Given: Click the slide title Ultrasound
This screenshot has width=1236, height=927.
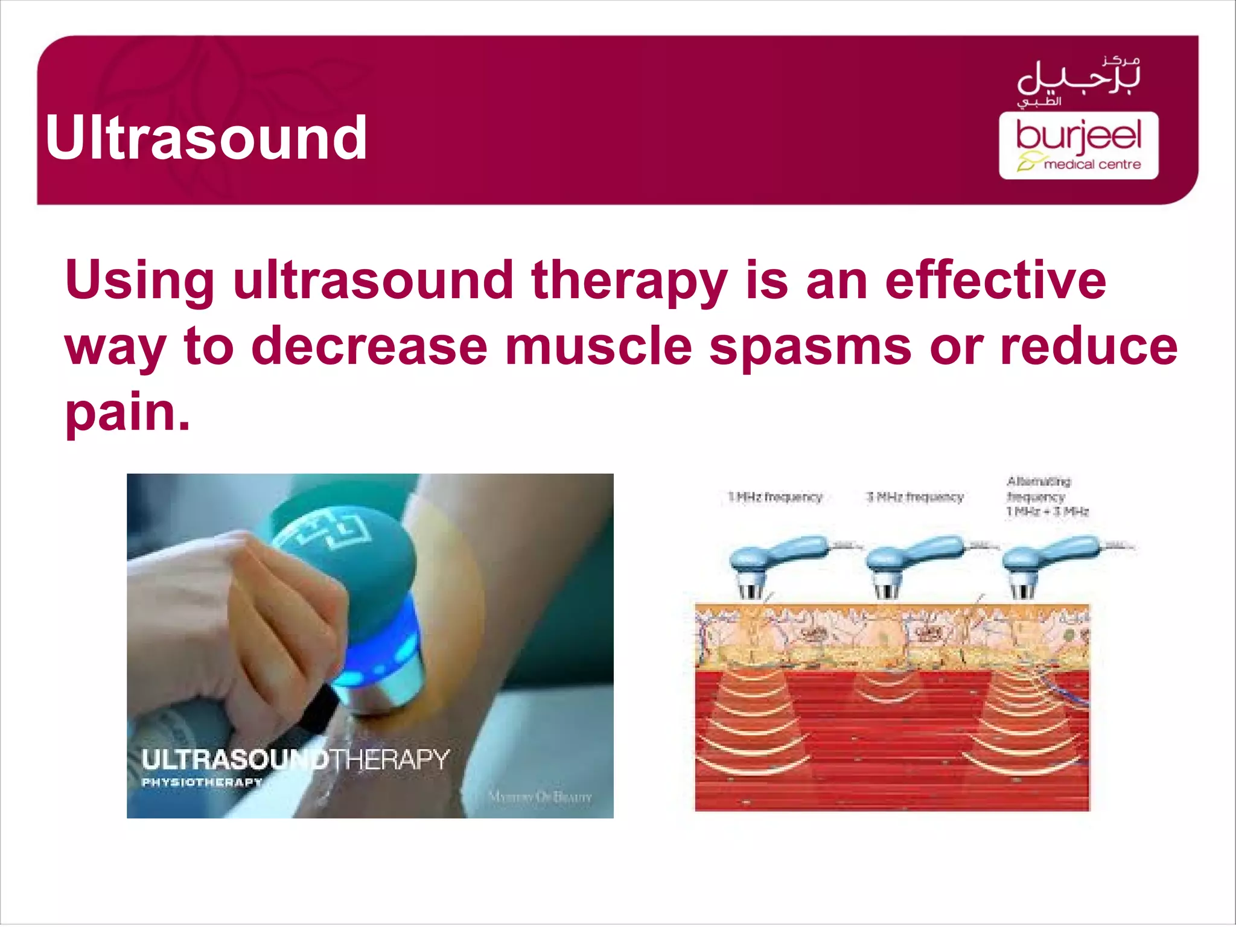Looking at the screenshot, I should coord(206,138).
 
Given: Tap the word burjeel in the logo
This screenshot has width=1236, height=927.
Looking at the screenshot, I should coord(1078,135).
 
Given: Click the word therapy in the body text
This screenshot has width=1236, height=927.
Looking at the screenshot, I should coord(628,281).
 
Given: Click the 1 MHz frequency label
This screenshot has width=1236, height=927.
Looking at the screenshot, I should coord(775,497).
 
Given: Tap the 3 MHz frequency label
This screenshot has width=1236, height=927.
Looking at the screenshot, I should coord(915,497).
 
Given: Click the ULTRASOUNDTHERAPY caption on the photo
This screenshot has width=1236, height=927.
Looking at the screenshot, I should coord(295,759).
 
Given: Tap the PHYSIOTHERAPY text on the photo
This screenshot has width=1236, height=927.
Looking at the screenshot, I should coord(202,783).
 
